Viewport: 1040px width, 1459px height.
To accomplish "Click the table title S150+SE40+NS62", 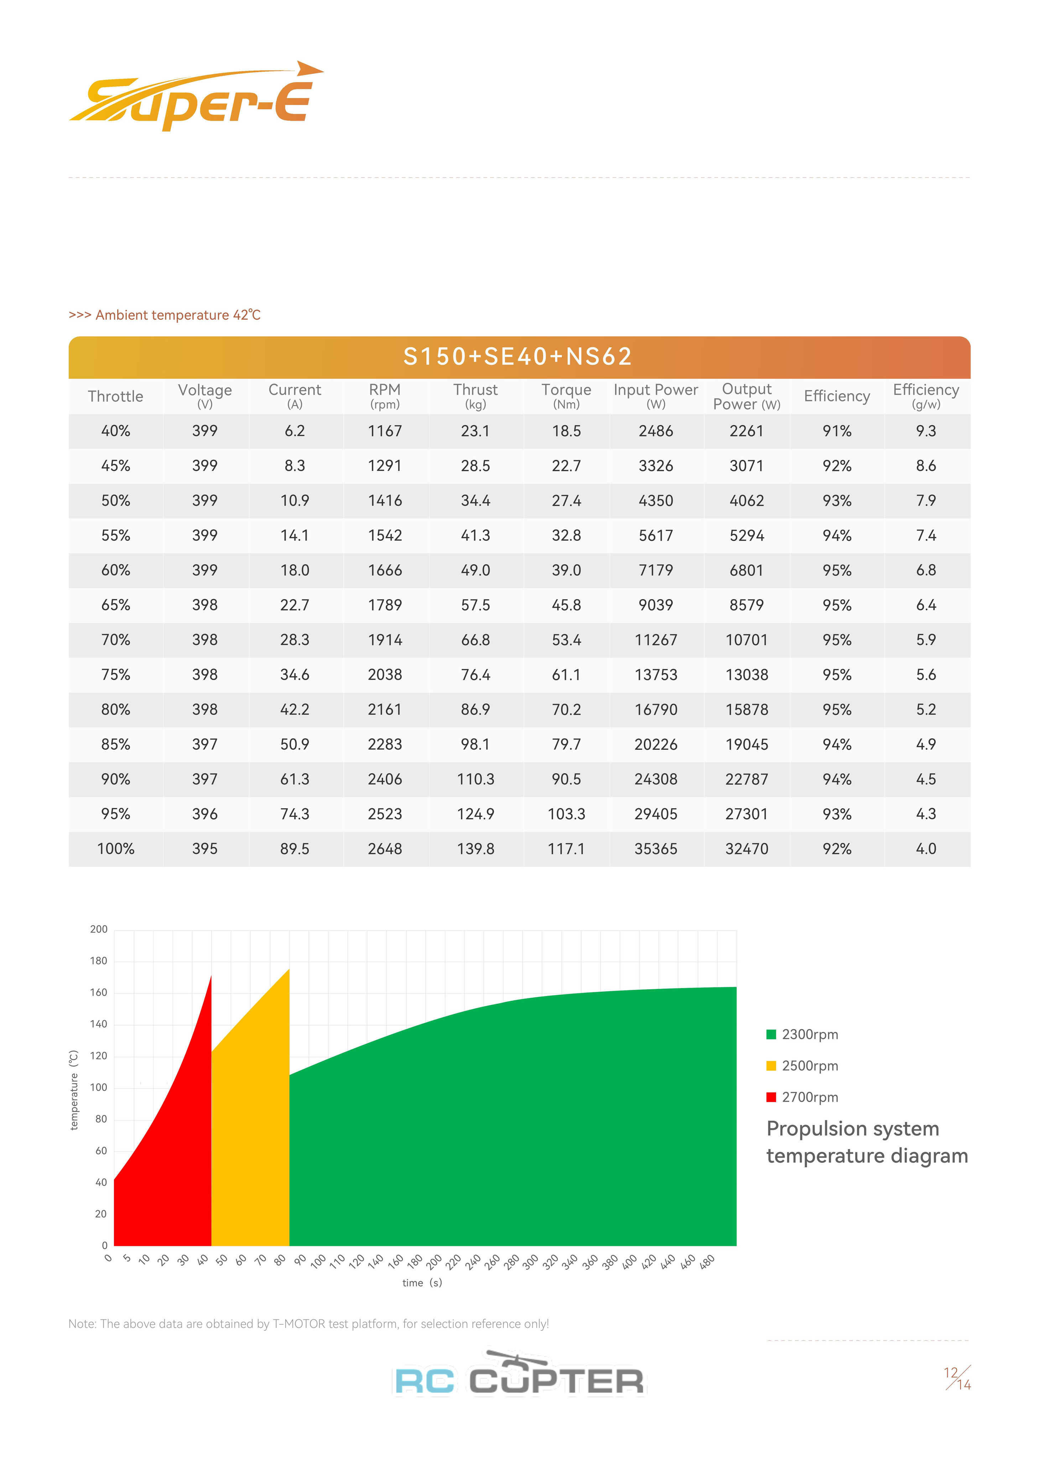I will point(518,357).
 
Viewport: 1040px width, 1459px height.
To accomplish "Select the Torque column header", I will point(566,396).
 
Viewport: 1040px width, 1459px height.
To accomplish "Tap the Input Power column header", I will point(656,396).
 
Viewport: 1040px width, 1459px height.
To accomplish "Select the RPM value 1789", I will point(385,605).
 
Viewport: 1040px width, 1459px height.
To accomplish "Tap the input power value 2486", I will point(656,431).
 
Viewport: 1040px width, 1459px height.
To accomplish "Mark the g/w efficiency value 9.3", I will point(926,431).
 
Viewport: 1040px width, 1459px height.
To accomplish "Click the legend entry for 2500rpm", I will point(810,1066).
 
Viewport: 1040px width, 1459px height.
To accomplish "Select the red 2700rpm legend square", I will point(771,1097).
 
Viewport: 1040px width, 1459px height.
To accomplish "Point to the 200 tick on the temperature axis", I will point(99,929).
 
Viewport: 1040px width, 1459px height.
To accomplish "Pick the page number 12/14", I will point(957,1378).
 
